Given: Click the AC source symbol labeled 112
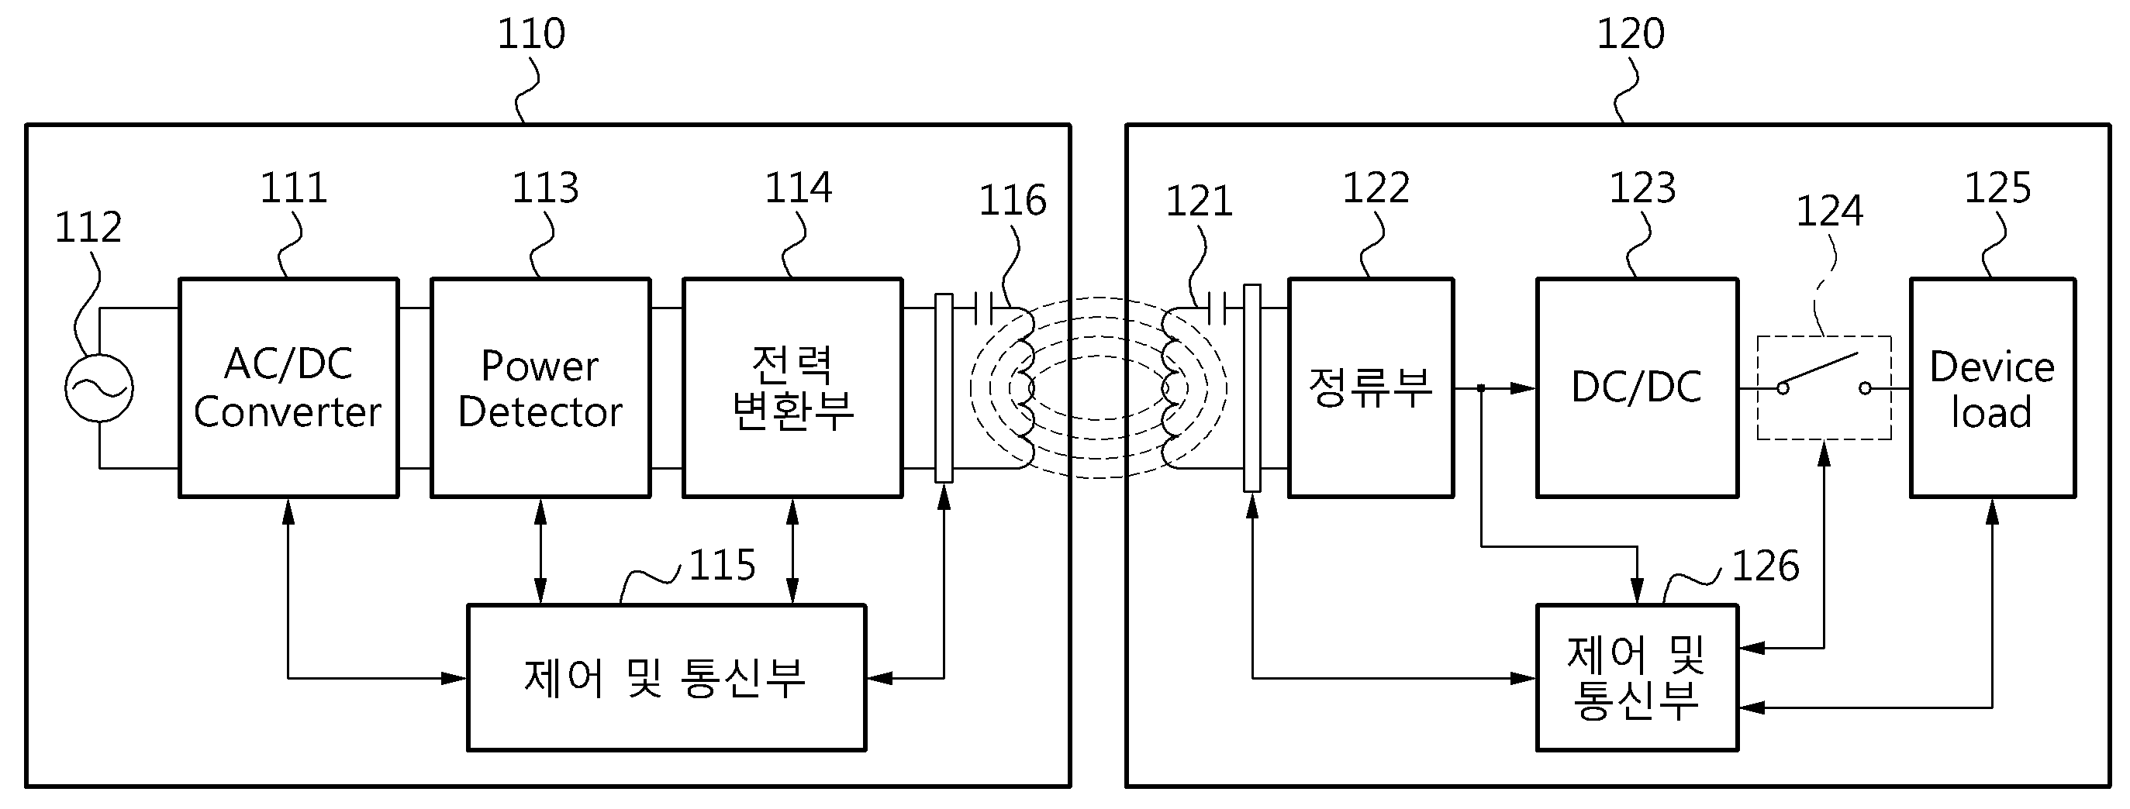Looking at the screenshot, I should [99, 387].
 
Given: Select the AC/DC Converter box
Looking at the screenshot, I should [288, 387].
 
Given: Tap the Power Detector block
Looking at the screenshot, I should [540, 387].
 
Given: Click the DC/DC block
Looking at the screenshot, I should [1636, 387].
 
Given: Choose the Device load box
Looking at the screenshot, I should [1992, 387].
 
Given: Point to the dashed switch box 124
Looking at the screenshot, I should [1823, 387].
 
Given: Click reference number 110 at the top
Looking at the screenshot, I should [531, 34].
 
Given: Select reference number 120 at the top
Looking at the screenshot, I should [1630, 34].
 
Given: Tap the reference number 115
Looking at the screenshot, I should [722, 566].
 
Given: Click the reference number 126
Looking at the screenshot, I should [1766, 566].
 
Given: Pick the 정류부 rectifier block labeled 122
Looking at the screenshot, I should [1370, 387].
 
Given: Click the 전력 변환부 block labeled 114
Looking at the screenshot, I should [792, 387].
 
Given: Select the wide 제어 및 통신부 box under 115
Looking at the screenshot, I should [665, 677].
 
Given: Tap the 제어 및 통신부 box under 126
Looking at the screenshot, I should [1636, 677].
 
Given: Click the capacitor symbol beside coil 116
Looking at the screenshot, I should [983, 309].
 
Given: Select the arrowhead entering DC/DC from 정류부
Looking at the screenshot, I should [1523, 387].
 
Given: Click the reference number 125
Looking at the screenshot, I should [1997, 188].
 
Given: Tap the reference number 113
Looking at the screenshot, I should [545, 188].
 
